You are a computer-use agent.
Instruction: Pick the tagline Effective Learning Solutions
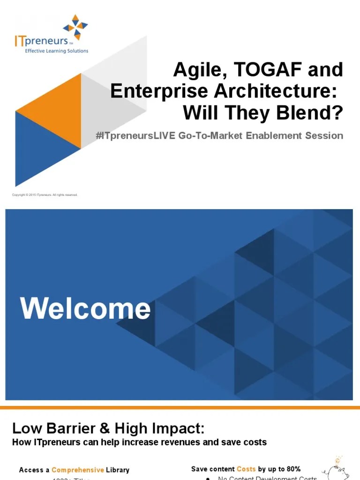56,51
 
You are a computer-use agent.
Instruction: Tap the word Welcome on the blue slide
85,309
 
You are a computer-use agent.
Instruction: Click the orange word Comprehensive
77,470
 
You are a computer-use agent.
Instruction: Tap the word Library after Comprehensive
117,470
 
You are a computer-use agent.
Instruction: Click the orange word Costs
246,469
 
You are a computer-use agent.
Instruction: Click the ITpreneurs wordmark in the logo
42,41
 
